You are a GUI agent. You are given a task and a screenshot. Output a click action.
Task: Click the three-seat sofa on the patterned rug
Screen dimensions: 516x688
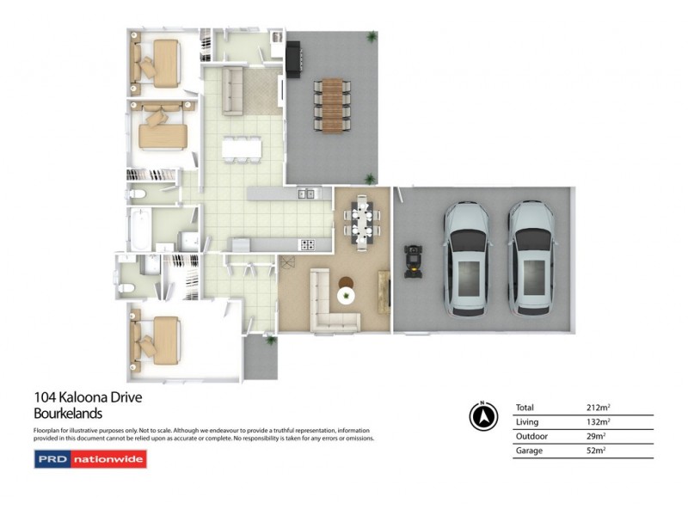232,91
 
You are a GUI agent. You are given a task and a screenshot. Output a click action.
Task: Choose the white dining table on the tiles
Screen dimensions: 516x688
242,149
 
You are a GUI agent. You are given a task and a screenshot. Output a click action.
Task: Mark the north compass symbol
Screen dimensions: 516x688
483,416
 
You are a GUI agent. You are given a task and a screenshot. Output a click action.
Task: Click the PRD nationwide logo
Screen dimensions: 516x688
90,459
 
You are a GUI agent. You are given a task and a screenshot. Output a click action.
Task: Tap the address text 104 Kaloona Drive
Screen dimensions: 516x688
88,397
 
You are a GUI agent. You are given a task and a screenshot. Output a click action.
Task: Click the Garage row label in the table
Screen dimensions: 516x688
529,450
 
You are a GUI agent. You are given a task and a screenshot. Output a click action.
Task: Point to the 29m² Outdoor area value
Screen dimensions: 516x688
596,436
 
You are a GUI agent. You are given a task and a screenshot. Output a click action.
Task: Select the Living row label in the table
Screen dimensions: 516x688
527,422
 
